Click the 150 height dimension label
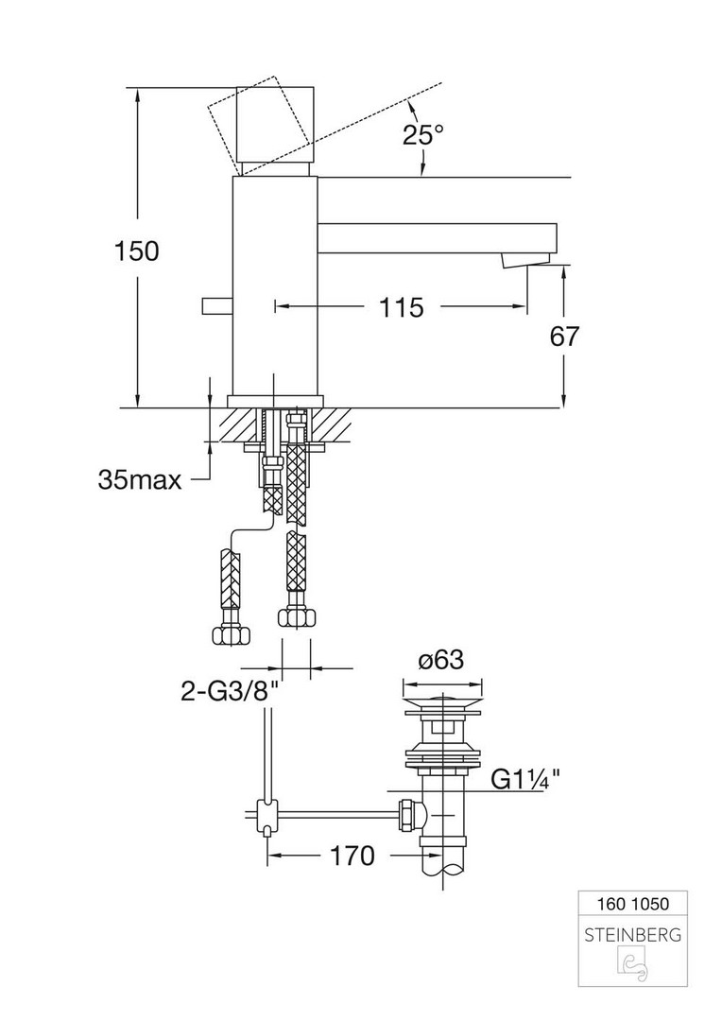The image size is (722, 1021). tap(136, 251)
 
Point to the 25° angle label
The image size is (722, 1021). tap(422, 135)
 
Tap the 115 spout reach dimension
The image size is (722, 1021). tap(401, 307)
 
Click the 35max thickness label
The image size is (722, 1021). tap(139, 479)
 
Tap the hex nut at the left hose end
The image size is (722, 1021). tap(229, 632)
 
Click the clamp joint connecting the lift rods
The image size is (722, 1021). tap(266, 812)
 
